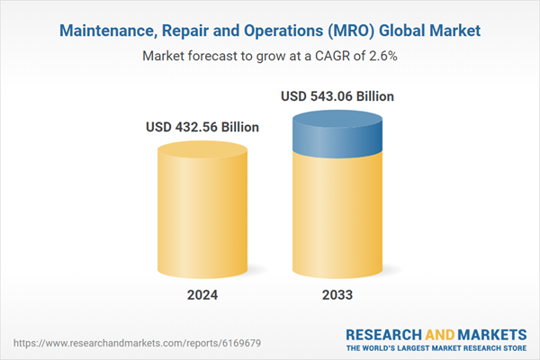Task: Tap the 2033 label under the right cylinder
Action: tap(337, 294)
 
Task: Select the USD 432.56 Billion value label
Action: tap(202, 127)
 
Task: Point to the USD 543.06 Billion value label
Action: tap(337, 96)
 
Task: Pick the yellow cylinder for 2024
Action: tap(202, 211)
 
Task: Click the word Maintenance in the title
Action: tap(106, 31)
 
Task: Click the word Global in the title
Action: tap(406, 31)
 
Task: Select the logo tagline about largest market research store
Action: tap(436, 347)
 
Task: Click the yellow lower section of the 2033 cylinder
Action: tap(337, 216)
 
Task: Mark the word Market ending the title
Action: tap(456, 31)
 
